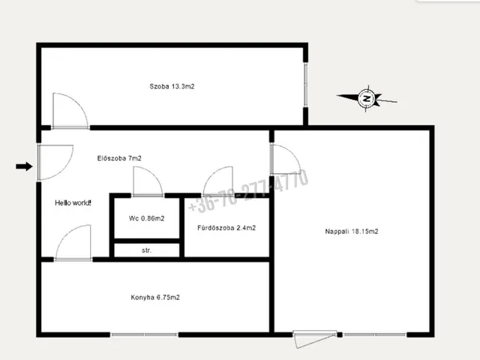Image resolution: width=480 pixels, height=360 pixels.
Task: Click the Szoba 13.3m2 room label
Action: point(172,86)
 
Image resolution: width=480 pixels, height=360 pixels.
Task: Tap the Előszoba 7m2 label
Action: point(119,158)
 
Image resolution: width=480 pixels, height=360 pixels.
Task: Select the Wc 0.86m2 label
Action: point(147,218)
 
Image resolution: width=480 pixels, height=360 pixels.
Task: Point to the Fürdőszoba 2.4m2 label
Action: point(226,228)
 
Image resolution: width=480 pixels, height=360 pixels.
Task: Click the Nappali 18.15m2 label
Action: point(352,232)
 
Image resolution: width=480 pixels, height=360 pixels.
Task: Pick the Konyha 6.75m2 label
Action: point(155,297)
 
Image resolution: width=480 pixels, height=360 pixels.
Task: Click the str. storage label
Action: point(147,250)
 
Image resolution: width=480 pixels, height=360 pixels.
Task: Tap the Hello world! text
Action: point(73,202)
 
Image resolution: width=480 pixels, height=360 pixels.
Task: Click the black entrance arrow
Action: point(24,166)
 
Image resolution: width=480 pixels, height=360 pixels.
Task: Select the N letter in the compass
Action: point(367,98)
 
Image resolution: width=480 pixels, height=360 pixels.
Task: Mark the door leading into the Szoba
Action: point(70,111)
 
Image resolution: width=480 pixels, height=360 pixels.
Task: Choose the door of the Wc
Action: point(148,181)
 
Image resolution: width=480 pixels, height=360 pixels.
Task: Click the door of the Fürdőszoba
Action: point(218,181)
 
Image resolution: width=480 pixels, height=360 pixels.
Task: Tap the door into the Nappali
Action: point(286,160)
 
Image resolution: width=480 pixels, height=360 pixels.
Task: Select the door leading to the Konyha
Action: point(73,243)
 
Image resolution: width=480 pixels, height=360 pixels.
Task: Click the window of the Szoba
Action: point(305,85)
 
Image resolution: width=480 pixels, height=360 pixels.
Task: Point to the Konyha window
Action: point(144,334)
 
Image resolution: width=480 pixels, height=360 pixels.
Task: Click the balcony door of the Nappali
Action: point(315,339)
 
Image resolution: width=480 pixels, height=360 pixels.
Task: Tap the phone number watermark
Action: point(248,190)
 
